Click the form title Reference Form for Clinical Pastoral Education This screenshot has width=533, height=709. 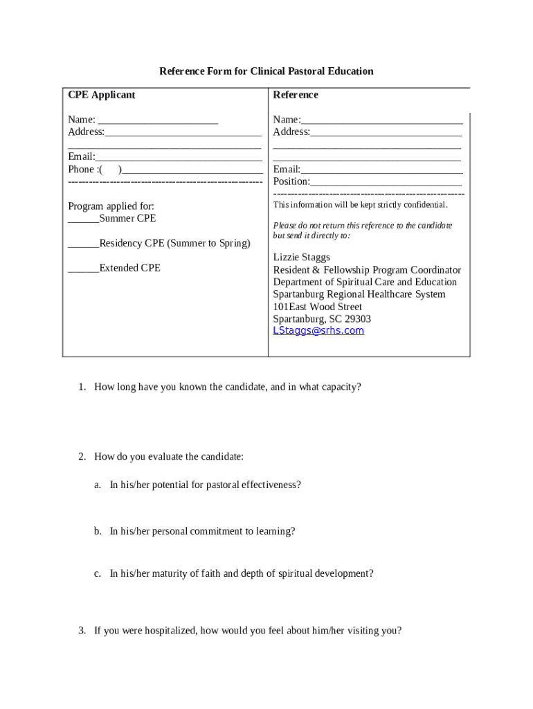tap(266, 71)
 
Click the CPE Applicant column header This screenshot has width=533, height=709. tap(102, 95)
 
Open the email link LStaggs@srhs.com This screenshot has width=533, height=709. tap(318, 331)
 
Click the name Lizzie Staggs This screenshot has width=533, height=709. tap(302, 258)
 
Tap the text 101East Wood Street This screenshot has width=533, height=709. tap(318, 307)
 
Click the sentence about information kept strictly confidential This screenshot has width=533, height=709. tap(360, 205)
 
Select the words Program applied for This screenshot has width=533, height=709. tap(111, 206)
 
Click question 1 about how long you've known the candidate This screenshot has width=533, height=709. tap(227, 387)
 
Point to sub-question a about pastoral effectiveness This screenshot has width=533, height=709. tap(205, 485)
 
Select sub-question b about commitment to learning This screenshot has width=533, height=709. tap(202, 531)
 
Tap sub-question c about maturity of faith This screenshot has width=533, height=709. tap(242, 573)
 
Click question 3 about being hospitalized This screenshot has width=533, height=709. tap(247, 630)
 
